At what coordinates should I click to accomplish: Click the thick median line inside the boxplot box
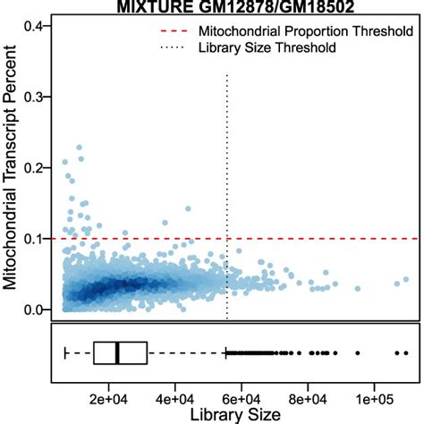click(x=117, y=353)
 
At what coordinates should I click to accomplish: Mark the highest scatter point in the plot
click(x=79, y=147)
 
